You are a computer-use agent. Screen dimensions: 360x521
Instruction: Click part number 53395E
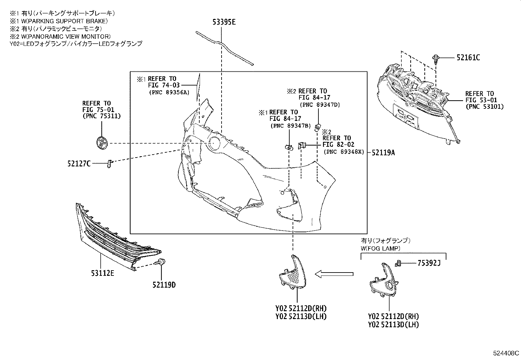[x=224, y=22]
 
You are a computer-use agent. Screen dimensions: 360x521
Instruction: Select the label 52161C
[x=468, y=58]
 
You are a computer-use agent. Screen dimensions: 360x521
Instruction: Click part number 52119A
[x=383, y=152]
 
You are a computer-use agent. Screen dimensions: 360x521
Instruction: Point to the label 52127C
[x=79, y=163]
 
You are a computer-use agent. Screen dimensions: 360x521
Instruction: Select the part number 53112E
[x=103, y=273]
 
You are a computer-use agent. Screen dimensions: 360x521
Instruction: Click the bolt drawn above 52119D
[x=161, y=261]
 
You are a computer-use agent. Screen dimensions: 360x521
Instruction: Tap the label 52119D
[x=164, y=285]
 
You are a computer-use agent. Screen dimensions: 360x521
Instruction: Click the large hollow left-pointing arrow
[x=334, y=274]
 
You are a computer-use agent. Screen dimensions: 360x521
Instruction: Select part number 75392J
[x=429, y=263]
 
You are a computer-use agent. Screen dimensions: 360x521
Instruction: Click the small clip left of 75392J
[x=398, y=262]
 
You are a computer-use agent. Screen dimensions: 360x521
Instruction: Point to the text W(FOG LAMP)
[x=380, y=248]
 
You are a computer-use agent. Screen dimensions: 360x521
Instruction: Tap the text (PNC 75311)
[x=101, y=116]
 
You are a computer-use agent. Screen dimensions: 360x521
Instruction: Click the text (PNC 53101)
[x=485, y=106]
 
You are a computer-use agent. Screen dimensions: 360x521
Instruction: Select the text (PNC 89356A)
[x=169, y=92]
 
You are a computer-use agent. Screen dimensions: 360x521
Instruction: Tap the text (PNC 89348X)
[x=344, y=152]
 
